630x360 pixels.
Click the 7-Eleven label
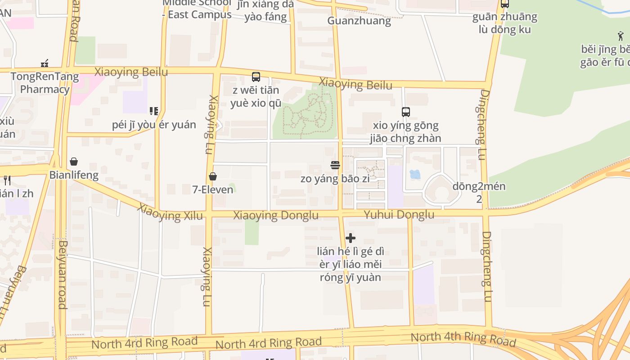click(213, 189)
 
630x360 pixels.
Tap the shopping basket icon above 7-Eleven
click(213, 176)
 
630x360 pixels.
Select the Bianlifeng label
click(74, 175)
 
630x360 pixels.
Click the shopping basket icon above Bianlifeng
click(74, 162)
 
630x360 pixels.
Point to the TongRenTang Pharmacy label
click(45, 82)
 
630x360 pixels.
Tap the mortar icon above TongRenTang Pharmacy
click(45, 63)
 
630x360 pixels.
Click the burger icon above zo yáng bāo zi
click(335, 165)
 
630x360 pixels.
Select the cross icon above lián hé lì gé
click(351, 238)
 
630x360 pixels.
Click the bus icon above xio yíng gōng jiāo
click(406, 112)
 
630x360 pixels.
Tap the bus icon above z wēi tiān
click(256, 77)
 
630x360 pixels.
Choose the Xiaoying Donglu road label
click(276, 216)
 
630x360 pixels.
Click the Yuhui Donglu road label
click(399, 215)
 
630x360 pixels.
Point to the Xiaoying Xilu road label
click(171, 212)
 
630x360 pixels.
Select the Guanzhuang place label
click(359, 21)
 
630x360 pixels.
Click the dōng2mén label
click(479, 186)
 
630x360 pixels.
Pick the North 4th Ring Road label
click(463, 338)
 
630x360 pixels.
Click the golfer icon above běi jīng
click(621, 36)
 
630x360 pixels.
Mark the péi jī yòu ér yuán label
click(154, 125)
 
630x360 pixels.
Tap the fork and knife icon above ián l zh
click(7, 180)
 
